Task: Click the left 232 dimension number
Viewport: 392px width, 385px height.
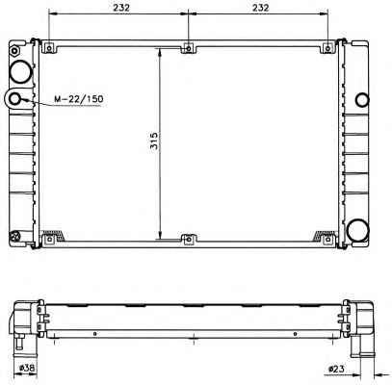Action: [x=120, y=8]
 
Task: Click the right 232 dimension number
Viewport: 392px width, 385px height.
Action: [x=260, y=8]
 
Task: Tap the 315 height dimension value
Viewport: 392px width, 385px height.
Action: [x=154, y=141]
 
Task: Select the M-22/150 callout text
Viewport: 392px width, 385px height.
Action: [x=79, y=99]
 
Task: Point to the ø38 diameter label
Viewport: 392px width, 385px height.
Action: [x=27, y=369]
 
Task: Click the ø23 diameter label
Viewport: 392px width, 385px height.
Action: [x=336, y=370]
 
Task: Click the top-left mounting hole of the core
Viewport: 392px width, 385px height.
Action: [x=49, y=49]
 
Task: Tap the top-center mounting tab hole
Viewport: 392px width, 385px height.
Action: [x=189, y=49]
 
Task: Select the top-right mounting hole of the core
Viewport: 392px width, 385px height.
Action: [x=327, y=49]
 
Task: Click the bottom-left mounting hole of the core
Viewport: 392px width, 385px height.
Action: [x=49, y=240]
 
